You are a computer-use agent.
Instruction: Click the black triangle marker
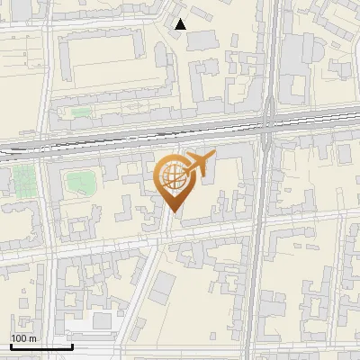(181, 24)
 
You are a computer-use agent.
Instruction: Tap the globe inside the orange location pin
(171, 177)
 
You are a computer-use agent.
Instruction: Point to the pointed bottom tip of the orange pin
(171, 211)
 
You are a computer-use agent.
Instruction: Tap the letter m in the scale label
(33, 338)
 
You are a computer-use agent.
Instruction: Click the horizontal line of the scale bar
(40, 346)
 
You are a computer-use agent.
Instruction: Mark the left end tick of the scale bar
(11, 345)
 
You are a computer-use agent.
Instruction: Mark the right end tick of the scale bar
(71, 345)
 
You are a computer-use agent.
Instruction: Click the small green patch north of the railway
(81, 113)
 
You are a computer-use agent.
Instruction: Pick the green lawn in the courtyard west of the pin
(80, 183)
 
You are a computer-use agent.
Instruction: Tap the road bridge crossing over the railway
(267, 129)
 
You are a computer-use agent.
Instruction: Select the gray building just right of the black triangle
(202, 39)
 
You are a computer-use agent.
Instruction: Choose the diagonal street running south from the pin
(148, 270)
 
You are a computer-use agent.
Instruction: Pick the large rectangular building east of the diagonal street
(163, 288)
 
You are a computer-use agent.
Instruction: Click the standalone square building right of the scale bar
(102, 320)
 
